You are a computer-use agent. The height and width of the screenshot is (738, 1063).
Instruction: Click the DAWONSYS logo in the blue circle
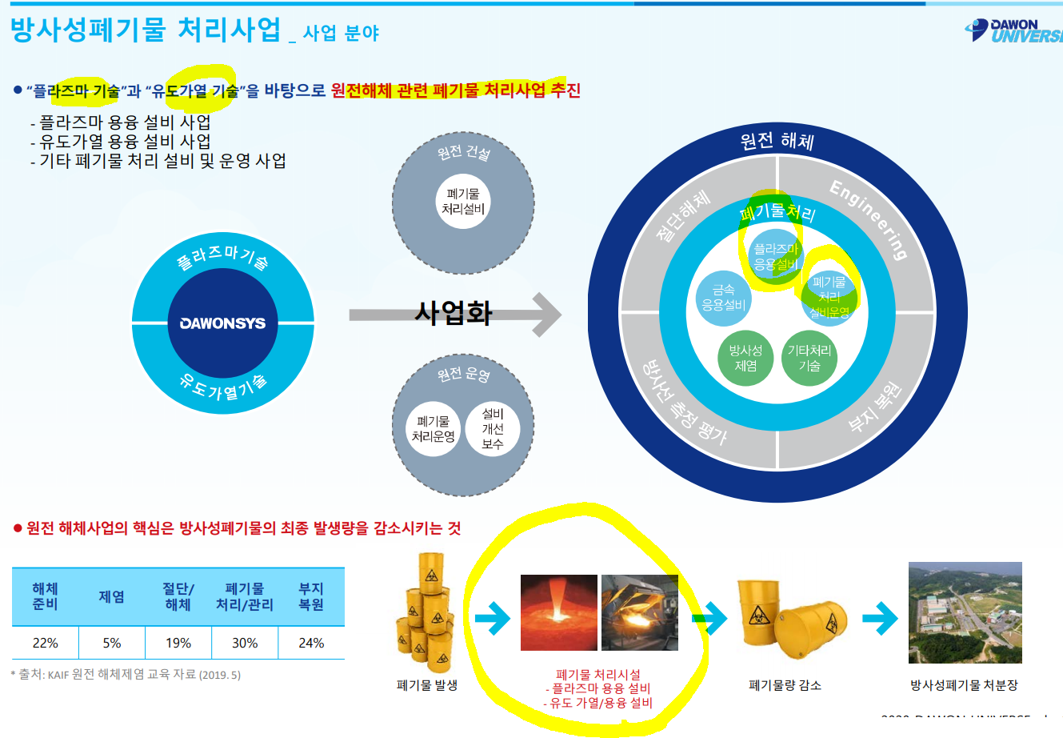[222, 323]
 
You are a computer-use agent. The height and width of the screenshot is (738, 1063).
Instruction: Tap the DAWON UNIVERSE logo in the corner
[1014, 30]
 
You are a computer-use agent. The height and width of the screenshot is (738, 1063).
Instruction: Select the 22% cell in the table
[46, 643]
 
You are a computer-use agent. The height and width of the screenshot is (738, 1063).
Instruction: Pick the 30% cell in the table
[245, 643]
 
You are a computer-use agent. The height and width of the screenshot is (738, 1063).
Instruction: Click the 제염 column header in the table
[111, 597]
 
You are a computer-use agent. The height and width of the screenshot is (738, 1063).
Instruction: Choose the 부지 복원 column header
[311, 597]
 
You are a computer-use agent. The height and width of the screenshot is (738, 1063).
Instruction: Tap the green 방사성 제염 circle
[745, 358]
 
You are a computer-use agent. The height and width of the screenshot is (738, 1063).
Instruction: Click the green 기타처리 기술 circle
[809, 358]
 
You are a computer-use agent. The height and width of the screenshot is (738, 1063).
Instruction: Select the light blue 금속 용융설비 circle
[723, 298]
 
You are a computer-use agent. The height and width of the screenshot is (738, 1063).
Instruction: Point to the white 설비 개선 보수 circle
[493, 429]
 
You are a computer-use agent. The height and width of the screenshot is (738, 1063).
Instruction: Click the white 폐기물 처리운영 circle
[434, 429]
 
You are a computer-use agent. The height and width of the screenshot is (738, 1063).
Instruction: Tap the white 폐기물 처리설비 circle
[463, 202]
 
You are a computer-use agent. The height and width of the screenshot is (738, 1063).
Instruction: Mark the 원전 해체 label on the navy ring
[777, 142]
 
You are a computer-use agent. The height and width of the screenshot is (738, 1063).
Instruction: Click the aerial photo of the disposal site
[965, 612]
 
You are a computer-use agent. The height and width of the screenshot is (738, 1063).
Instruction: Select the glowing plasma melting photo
[558, 612]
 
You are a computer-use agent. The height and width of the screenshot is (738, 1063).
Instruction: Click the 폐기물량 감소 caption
[785, 685]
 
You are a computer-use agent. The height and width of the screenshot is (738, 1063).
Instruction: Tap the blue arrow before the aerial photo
[880, 618]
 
